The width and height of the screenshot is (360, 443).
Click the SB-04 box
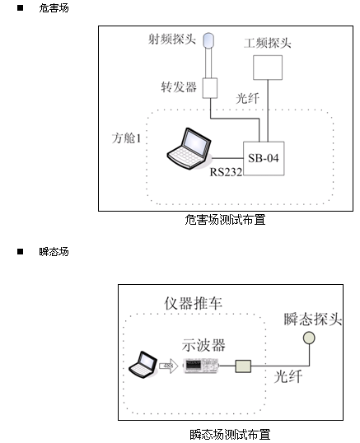264,158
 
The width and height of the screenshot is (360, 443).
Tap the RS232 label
226,172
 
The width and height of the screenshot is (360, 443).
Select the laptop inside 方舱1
189,149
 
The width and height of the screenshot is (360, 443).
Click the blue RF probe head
208,40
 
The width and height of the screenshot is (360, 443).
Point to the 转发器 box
210,88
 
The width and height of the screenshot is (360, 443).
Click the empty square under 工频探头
268,68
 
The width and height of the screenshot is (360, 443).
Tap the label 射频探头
172,39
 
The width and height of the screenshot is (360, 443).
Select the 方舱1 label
126,138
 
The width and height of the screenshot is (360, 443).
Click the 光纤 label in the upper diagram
247,98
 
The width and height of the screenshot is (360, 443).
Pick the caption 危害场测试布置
225,220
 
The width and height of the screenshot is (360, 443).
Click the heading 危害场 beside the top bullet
54,8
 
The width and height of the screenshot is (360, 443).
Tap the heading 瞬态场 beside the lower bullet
54,251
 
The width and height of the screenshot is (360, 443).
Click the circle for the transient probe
309,338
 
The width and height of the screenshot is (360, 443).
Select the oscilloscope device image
201,366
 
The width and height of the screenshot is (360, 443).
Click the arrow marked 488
168,366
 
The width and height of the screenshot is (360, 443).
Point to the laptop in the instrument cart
143,365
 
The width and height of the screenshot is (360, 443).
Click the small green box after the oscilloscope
243,366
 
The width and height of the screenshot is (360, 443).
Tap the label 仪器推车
194,304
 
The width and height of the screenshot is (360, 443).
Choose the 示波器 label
203,345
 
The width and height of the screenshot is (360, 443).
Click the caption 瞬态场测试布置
230,435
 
